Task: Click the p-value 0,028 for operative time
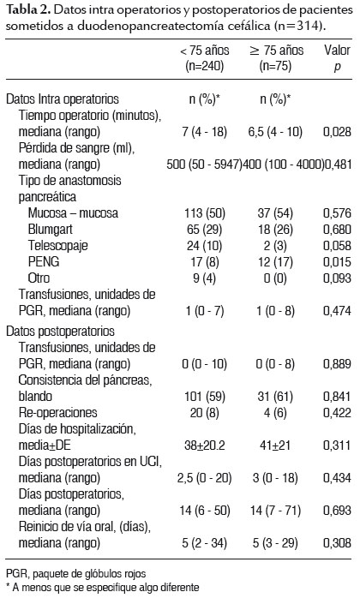[x=337, y=132]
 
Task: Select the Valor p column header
[x=337, y=58]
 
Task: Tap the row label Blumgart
[x=50, y=230]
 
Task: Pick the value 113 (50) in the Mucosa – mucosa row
[x=205, y=212]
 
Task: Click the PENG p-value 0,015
[x=337, y=261]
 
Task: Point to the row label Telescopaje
[x=57, y=246]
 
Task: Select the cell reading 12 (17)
[x=275, y=261]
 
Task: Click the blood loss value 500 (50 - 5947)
[x=205, y=164]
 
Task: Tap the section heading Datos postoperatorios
[x=60, y=331]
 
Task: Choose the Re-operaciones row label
[x=58, y=413]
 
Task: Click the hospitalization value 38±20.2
[x=205, y=445]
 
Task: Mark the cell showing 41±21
[x=275, y=445]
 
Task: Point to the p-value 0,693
[x=337, y=511]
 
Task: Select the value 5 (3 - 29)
[x=275, y=542]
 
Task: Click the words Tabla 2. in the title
[x=28, y=10]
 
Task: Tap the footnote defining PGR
[x=76, y=573]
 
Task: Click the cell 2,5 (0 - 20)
[x=205, y=478]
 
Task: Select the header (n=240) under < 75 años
[x=205, y=66]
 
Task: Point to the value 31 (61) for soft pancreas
[x=275, y=397]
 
